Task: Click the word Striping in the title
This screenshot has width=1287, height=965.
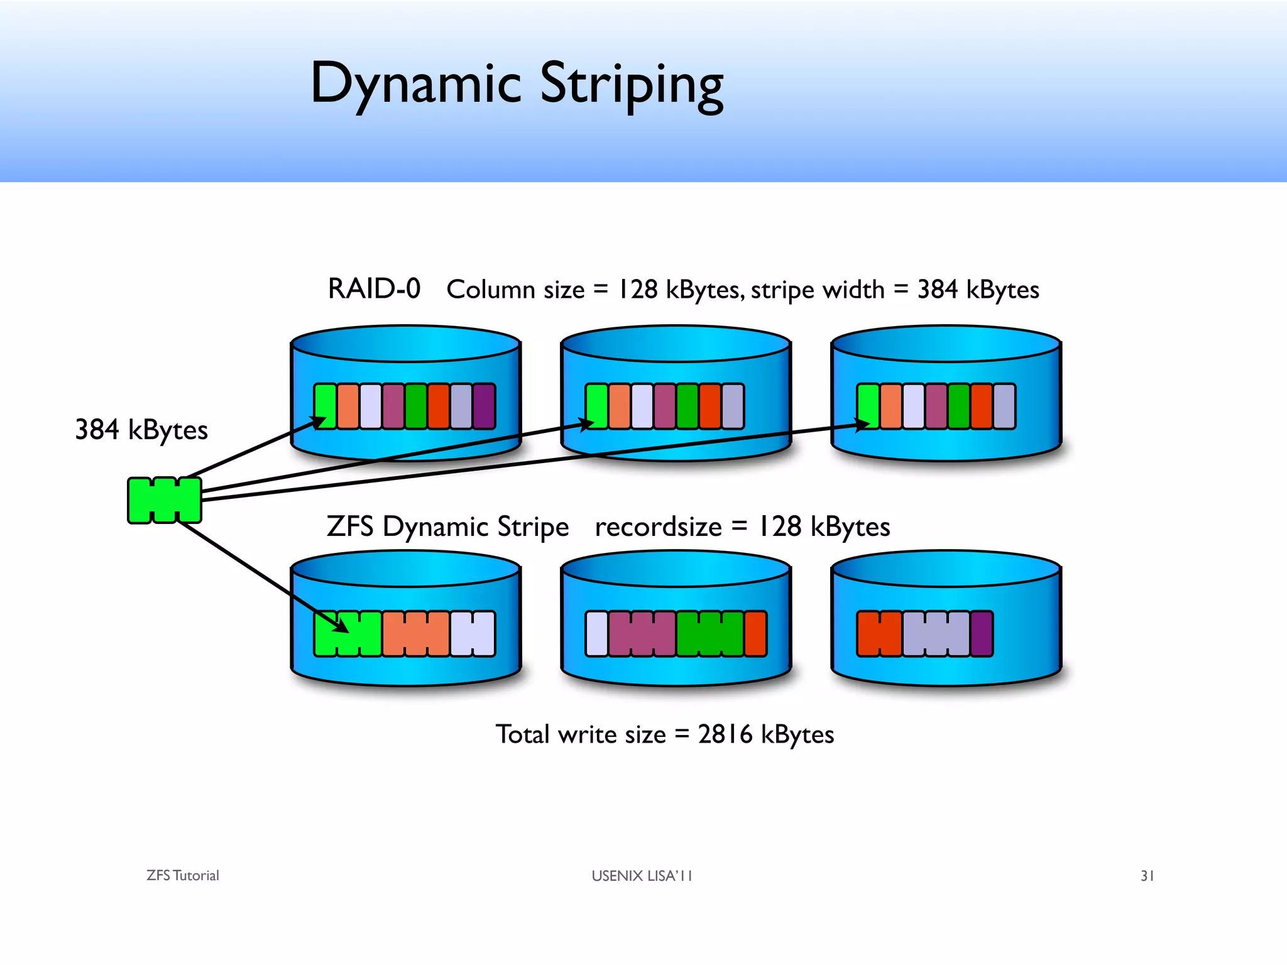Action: point(632,85)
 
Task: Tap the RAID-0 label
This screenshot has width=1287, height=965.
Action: point(374,290)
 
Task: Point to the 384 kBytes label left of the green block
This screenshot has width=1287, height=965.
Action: point(141,430)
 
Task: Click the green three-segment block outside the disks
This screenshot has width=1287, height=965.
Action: point(165,500)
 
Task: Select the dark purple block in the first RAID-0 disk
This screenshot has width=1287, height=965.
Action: point(484,406)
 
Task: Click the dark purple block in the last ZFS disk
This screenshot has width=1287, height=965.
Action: point(982,634)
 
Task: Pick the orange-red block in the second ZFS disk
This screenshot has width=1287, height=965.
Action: point(755,634)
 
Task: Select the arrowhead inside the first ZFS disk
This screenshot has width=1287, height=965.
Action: point(340,626)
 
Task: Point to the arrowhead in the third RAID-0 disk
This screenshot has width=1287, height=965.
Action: point(862,425)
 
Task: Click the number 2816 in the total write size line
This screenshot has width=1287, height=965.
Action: point(725,734)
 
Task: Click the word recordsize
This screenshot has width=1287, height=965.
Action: point(658,527)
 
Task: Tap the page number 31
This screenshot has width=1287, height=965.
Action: point(1147,876)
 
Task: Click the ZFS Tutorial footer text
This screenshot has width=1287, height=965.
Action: point(182,876)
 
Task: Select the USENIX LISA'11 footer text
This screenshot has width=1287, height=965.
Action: point(642,876)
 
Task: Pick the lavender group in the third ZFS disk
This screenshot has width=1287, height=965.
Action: point(936,634)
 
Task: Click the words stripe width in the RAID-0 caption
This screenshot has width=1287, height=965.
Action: point(817,290)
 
